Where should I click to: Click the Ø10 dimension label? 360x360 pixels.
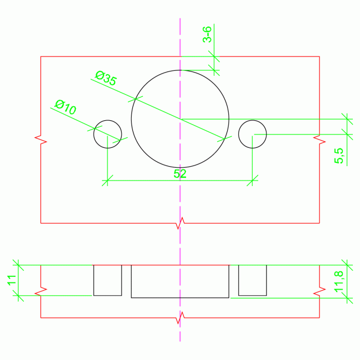coord(65,107)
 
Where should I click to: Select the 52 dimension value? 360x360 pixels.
coord(180,173)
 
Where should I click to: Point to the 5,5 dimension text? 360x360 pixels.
coord(340,156)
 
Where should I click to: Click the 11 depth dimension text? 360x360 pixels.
coord(11,281)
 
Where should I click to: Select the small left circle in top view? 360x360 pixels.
coord(107,133)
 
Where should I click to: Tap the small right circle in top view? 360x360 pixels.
coord(253,133)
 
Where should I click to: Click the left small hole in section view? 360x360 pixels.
coord(107,280)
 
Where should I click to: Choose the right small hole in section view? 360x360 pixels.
coord(253,280)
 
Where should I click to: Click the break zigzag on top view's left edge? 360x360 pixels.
coord(41,138)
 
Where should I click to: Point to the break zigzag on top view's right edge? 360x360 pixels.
coord(320,138)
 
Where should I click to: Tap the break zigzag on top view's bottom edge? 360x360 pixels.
coord(180,223)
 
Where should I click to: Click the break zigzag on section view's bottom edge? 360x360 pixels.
coord(180,317)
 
